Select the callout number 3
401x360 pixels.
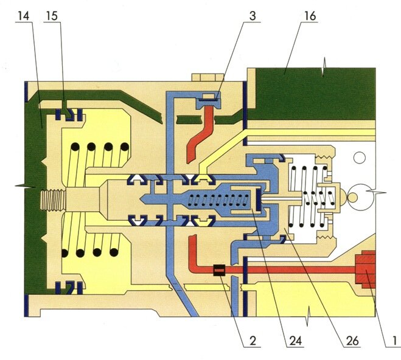point(251,15)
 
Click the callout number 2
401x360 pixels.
point(251,341)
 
